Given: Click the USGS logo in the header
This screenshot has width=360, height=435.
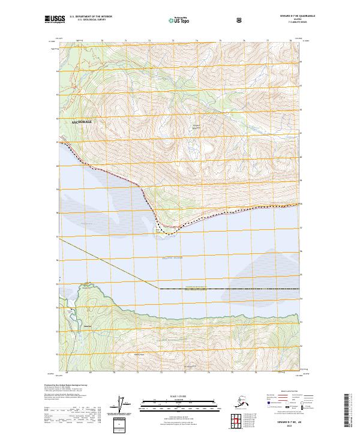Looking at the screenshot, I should click(x=55, y=20).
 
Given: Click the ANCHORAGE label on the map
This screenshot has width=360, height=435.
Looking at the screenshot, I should click(x=82, y=121).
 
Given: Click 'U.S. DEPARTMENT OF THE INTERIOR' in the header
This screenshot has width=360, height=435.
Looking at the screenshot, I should click(x=90, y=16).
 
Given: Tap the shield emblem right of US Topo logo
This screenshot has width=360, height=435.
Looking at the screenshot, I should click(x=240, y=20).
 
